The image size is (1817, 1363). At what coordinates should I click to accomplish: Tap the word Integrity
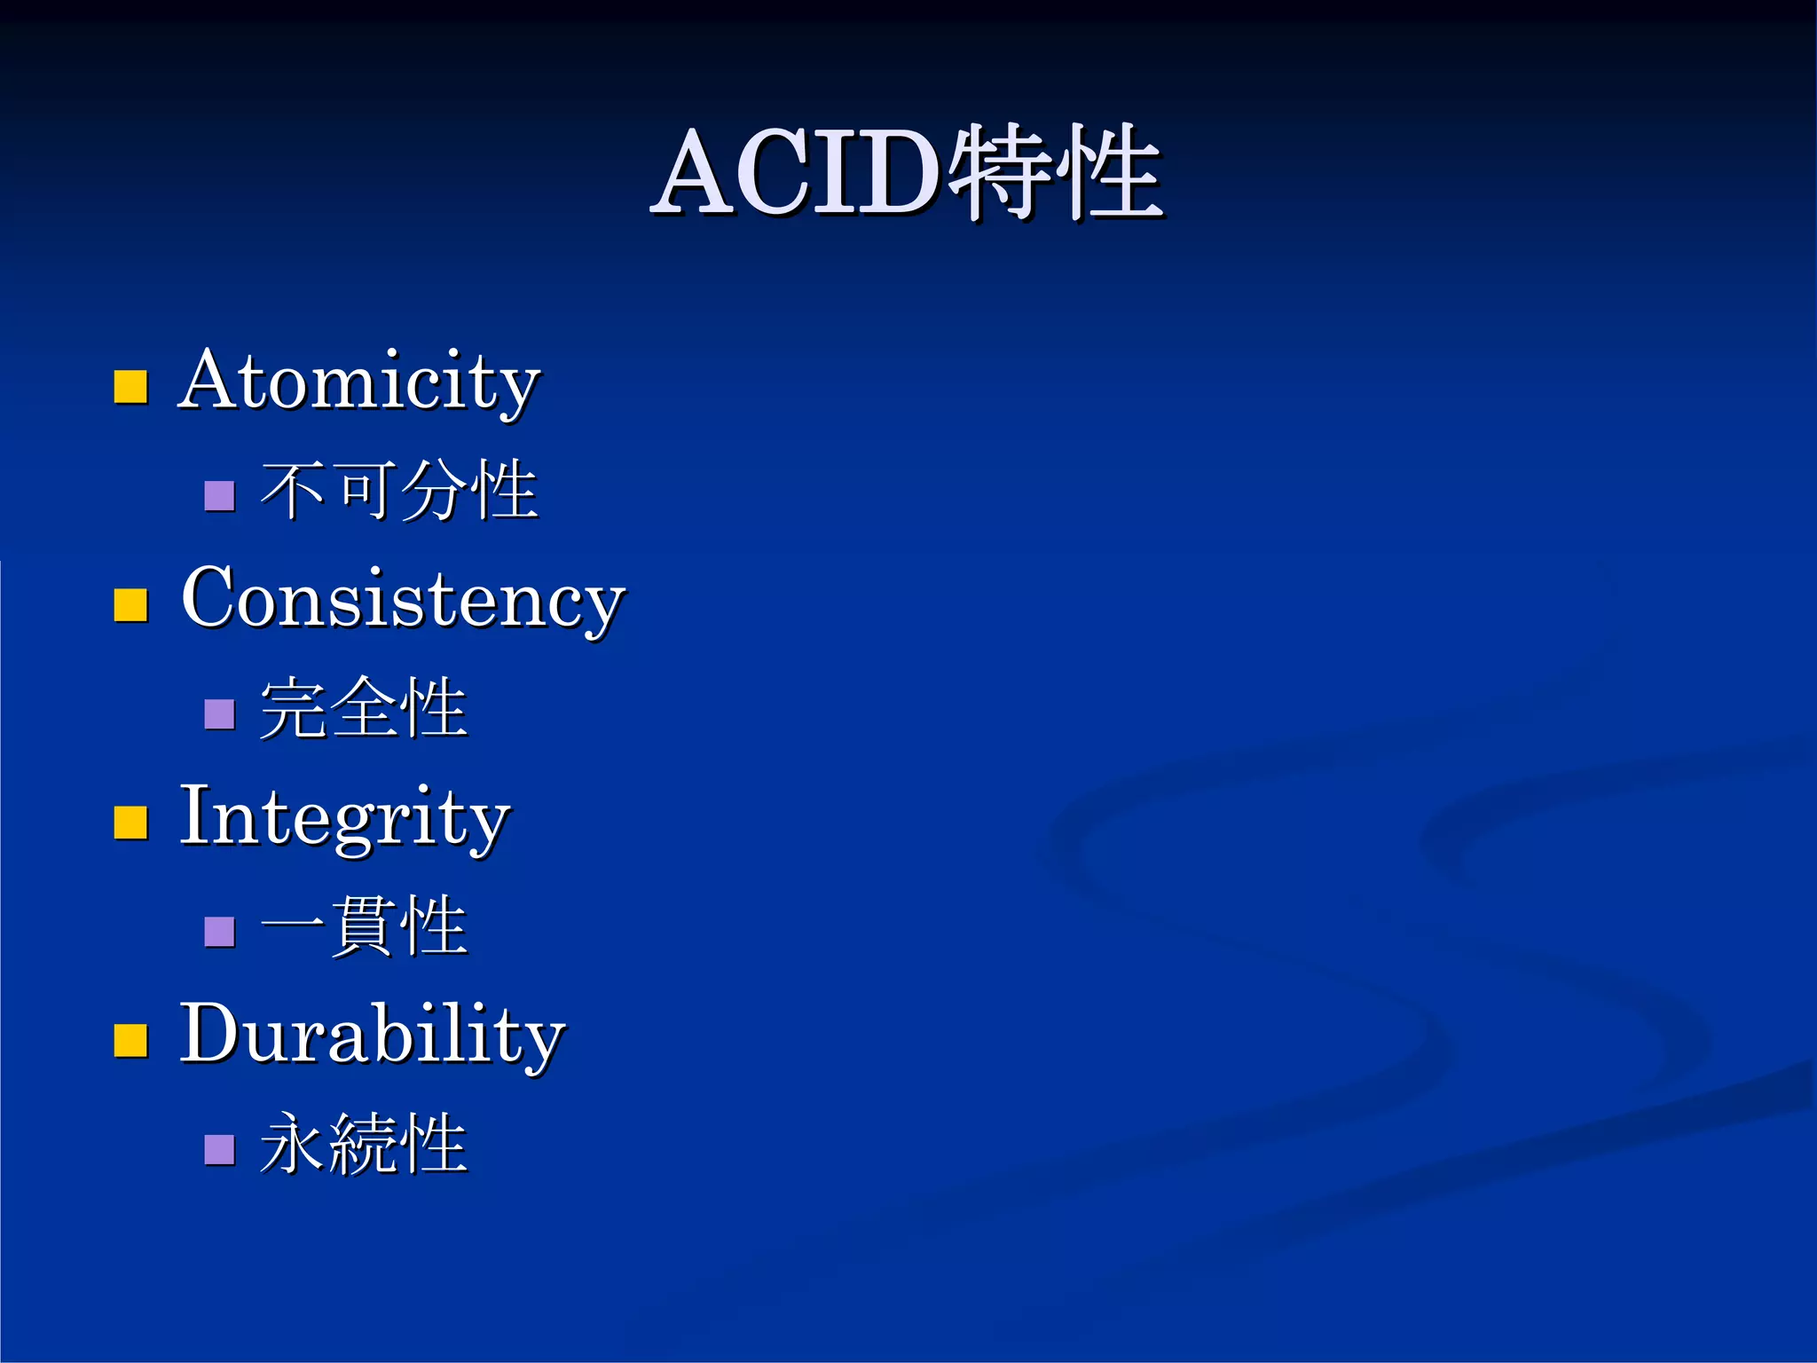click(344, 818)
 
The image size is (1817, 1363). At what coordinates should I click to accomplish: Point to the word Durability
click(372, 1035)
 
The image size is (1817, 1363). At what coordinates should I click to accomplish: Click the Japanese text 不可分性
click(398, 491)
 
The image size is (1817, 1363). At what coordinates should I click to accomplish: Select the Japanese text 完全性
click(363, 709)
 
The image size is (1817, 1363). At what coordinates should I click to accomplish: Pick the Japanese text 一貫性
click(363, 927)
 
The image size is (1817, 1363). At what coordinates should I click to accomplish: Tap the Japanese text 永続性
click(363, 1145)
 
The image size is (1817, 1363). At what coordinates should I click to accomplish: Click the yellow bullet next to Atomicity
click(130, 387)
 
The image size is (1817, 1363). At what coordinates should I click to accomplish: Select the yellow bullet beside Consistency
click(130, 605)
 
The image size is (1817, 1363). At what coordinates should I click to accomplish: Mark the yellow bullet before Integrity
click(130, 823)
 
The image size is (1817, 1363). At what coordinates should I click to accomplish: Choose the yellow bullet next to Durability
click(130, 1040)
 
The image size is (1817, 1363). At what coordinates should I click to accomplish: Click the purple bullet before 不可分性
click(219, 495)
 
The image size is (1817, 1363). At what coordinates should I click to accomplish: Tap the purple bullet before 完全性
click(219, 713)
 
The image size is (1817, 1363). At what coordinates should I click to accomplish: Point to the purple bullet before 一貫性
click(219, 932)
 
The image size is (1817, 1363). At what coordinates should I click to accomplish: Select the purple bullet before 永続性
click(219, 1149)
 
